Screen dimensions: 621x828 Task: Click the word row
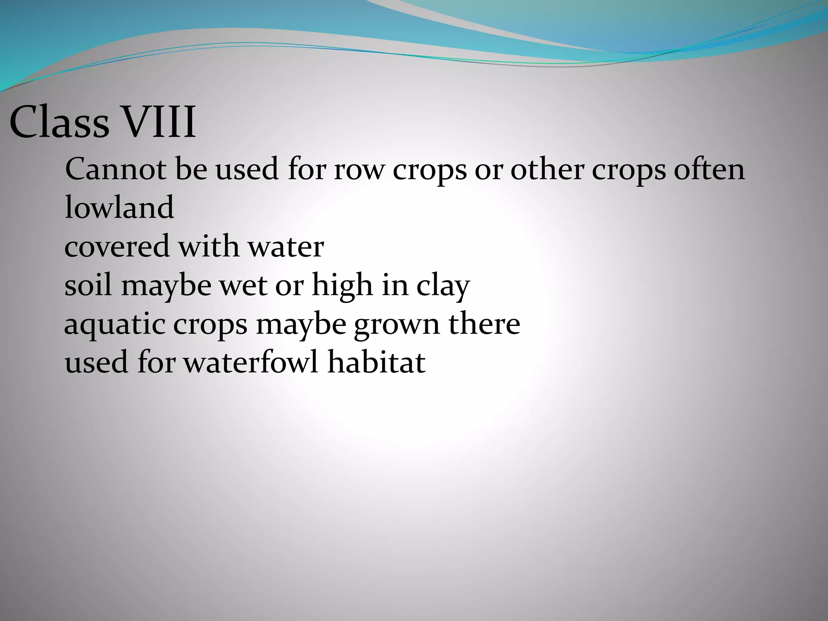click(358, 170)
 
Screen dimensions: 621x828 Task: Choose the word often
click(709, 169)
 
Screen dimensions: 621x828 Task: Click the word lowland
click(119, 207)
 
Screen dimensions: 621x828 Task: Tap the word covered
click(117, 247)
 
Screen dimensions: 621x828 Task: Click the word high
click(342, 286)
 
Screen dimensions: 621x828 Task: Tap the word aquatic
click(115, 325)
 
